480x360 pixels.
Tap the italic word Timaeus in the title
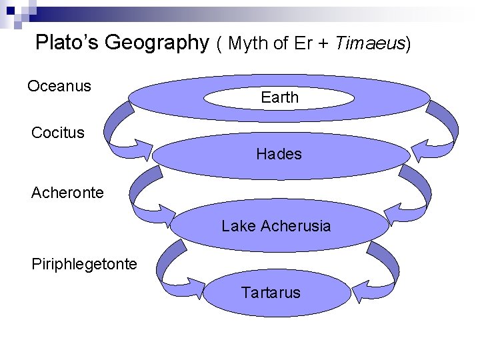[x=370, y=43]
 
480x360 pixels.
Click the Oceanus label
[x=59, y=86]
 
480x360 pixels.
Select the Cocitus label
[x=58, y=132]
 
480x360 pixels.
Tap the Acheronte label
[x=67, y=193]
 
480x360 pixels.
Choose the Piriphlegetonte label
[x=84, y=263]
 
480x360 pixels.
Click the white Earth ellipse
[x=279, y=97]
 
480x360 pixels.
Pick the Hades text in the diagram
[x=279, y=154]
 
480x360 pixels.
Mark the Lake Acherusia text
[x=276, y=226]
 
